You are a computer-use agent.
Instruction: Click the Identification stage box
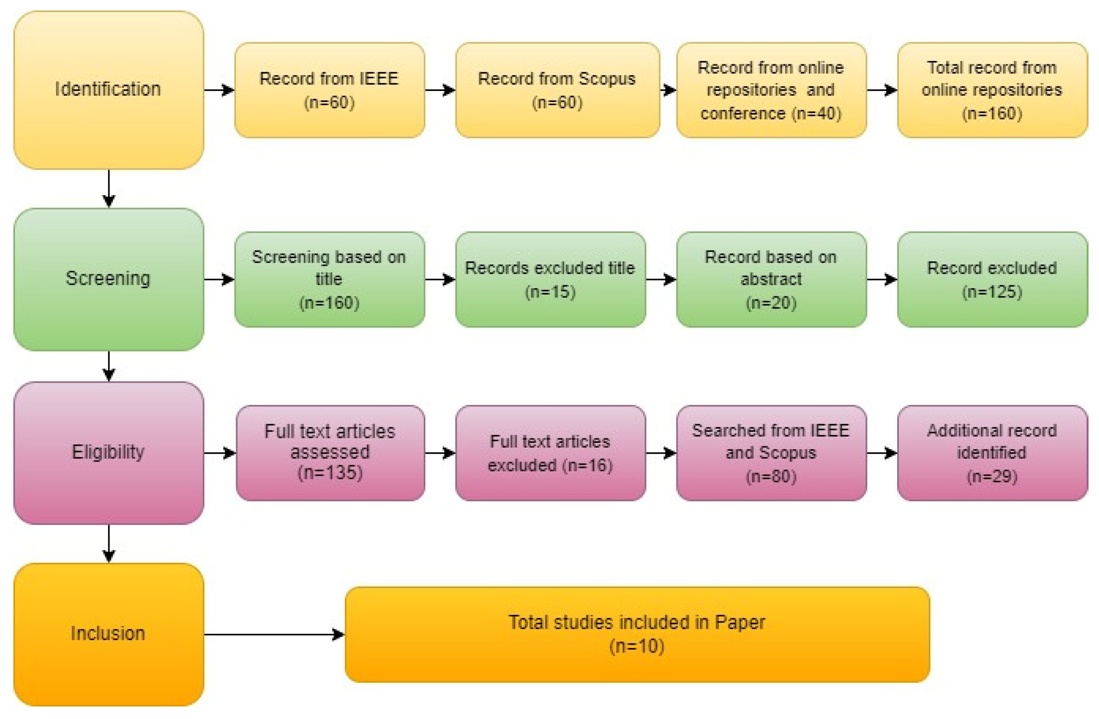point(109,90)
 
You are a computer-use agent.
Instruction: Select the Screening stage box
point(109,279)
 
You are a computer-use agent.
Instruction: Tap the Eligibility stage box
point(109,452)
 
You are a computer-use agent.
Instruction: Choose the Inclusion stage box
point(109,634)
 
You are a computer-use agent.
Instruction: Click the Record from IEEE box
point(329,90)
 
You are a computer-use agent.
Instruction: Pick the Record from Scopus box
point(557,90)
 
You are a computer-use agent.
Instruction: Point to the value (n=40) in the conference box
point(817,114)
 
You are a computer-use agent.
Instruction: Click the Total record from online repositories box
point(992,90)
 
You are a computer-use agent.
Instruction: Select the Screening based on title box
point(329,279)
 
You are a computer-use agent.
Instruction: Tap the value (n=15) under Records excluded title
point(550,292)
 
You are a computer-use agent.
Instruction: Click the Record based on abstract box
point(771,279)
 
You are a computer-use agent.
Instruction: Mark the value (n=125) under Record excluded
point(992,292)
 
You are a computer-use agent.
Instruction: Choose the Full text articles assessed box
point(330,452)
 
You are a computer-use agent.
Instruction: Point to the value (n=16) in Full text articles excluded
point(588,465)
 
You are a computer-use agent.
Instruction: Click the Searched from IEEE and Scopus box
point(771,452)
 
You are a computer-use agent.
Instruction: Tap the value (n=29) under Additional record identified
point(992,477)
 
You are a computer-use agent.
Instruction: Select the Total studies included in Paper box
point(637,634)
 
